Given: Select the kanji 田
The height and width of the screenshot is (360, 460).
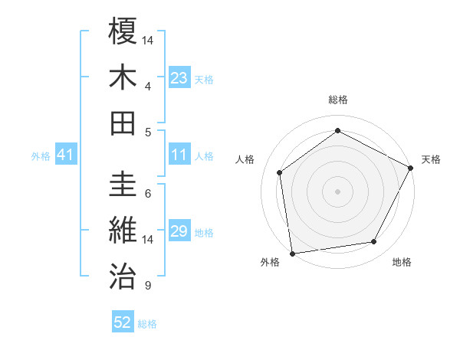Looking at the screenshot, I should tap(123, 123).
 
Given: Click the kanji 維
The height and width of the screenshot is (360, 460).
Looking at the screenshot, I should tap(123, 231).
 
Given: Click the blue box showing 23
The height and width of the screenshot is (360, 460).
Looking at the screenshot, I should tap(179, 78).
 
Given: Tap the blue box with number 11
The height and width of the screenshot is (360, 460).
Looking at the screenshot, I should tap(179, 155).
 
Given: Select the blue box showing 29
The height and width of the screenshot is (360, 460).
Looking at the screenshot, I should tap(179, 232).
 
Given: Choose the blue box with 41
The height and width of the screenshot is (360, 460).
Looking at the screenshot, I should tap(66, 155).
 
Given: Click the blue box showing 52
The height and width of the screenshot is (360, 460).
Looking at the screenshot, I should tap(123, 323).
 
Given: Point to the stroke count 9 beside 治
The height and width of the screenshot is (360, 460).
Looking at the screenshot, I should tap(147, 286).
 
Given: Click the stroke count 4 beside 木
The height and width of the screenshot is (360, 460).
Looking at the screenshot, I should tap(147, 86).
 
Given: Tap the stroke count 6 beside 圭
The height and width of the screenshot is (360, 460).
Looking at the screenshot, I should tap(147, 194).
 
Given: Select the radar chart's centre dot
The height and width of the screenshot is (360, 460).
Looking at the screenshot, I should tap(337, 190).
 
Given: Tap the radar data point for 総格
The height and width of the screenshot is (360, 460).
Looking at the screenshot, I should tap(337, 130).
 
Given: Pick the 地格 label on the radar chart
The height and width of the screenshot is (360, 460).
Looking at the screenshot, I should tap(402, 262).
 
